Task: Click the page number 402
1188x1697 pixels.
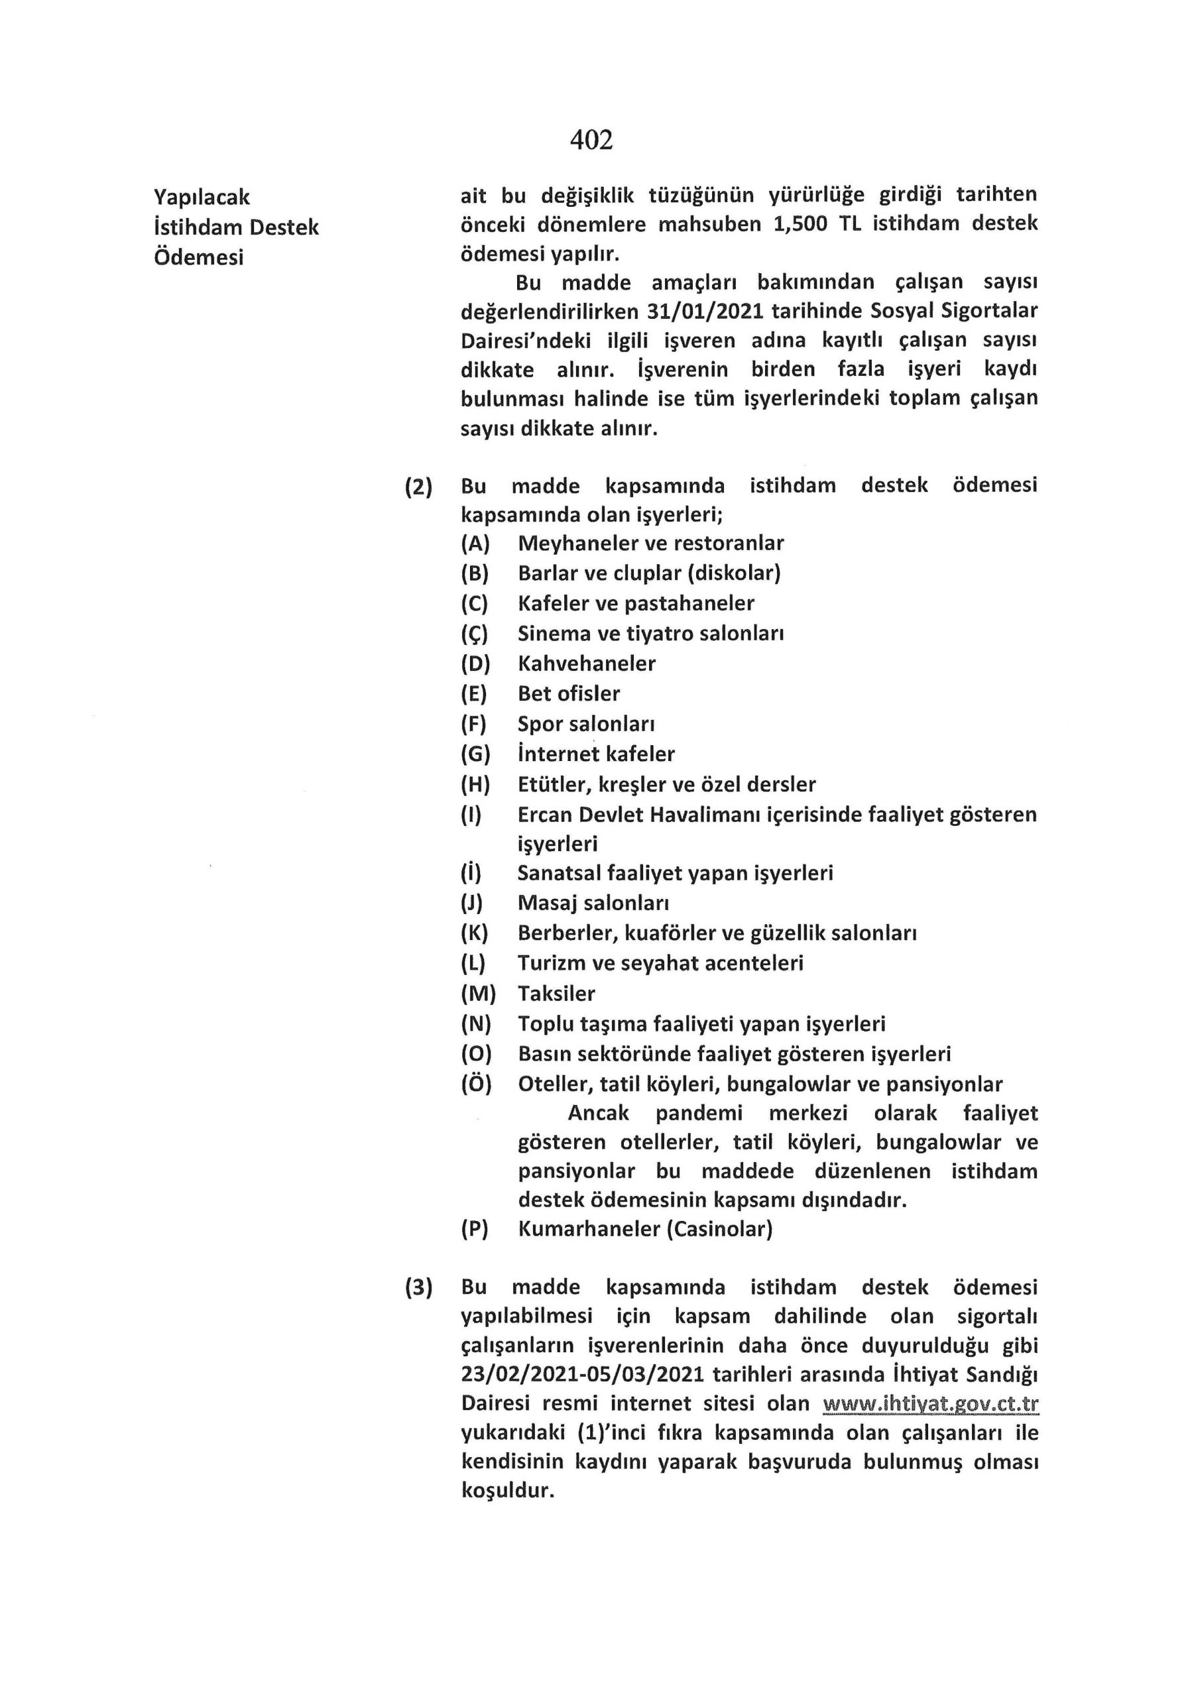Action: pos(591,139)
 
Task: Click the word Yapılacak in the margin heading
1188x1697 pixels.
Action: pos(202,198)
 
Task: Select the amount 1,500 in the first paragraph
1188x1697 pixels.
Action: pos(800,224)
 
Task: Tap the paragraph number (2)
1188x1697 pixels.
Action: pos(418,487)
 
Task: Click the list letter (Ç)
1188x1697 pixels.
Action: pos(474,634)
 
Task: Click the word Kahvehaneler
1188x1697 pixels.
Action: pos(586,664)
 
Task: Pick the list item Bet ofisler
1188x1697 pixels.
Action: pos(569,694)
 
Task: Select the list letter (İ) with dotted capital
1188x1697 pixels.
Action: pos(471,873)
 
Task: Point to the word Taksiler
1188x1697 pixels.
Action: pos(556,994)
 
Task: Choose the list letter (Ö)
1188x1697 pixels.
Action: pos(475,1084)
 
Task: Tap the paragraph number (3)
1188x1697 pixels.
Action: pos(418,1287)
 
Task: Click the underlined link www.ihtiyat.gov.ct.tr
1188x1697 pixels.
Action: pos(931,1403)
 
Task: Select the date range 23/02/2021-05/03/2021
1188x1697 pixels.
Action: pos(583,1375)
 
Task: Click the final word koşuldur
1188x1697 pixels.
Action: pos(507,1491)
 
